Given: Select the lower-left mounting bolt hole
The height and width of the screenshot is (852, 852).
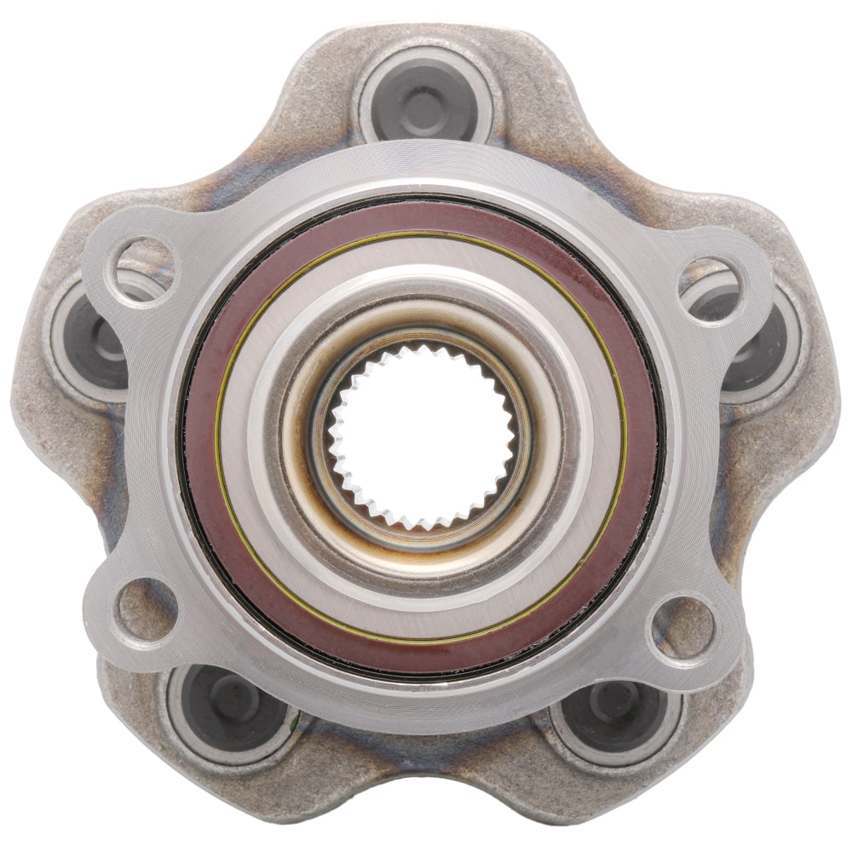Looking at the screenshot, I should (146, 609).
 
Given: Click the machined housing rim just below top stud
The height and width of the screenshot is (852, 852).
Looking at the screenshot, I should (423, 170).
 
